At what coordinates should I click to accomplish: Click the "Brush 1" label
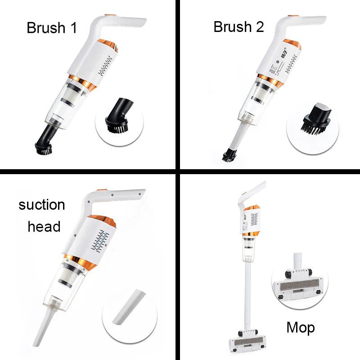[x=52, y=27]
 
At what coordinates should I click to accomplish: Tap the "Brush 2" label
[x=238, y=27]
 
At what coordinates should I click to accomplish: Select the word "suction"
[x=42, y=205]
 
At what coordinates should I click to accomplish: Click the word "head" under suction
[x=44, y=226]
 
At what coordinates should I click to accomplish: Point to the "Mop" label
[x=301, y=328]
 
